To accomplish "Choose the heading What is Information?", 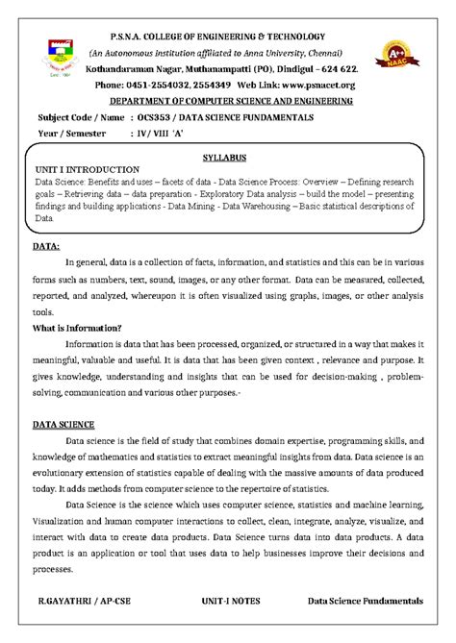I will click(77, 328).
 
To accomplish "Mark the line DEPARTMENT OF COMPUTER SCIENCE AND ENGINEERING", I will click(230, 100).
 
